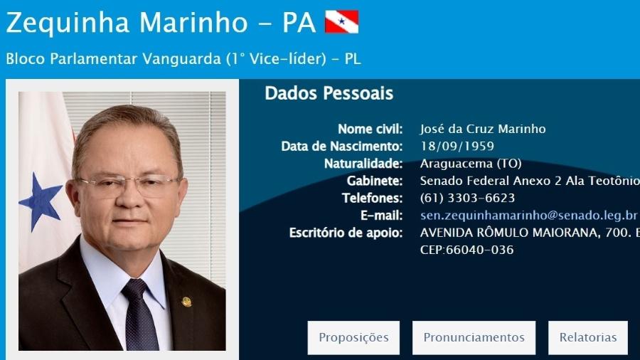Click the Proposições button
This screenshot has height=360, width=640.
click(x=353, y=337)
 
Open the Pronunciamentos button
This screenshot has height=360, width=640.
click(x=474, y=337)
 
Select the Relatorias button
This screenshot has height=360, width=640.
click(x=588, y=337)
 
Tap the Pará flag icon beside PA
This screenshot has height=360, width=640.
click(x=341, y=21)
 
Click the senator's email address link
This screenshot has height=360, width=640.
click(x=528, y=215)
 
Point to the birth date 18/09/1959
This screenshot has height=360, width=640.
click(x=457, y=146)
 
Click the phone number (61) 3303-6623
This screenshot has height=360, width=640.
click(x=467, y=198)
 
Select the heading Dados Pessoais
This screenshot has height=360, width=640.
click(x=329, y=93)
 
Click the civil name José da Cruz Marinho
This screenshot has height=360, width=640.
click(x=483, y=129)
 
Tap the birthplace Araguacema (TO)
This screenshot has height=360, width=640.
click(x=471, y=164)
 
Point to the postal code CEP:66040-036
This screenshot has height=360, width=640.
click(x=467, y=250)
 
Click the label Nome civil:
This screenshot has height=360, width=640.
click(x=370, y=129)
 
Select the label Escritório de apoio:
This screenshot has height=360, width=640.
click(x=346, y=233)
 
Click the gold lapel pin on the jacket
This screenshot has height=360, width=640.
click(x=186, y=302)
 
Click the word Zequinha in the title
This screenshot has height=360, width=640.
click(x=68, y=23)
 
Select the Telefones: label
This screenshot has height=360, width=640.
click(x=372, y=198)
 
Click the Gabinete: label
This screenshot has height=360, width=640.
click(x=375, y=181)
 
